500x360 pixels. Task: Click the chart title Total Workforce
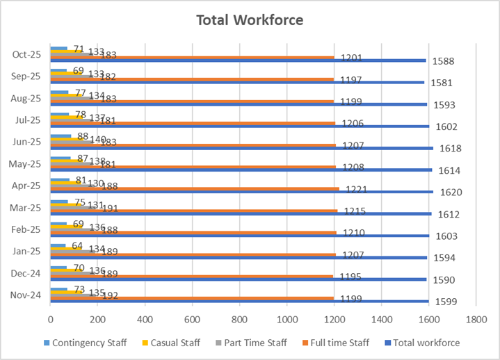coord(250,19)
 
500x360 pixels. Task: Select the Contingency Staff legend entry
coord(83,343)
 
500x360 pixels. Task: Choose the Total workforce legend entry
coord(426,343)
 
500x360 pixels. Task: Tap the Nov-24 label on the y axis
coord(26,295)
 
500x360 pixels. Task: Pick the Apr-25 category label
coord(26,186)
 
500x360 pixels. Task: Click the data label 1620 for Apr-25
coord(447,193)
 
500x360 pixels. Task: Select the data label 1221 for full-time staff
coord(352,190)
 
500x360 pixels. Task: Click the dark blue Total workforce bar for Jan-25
coord(236,257)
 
